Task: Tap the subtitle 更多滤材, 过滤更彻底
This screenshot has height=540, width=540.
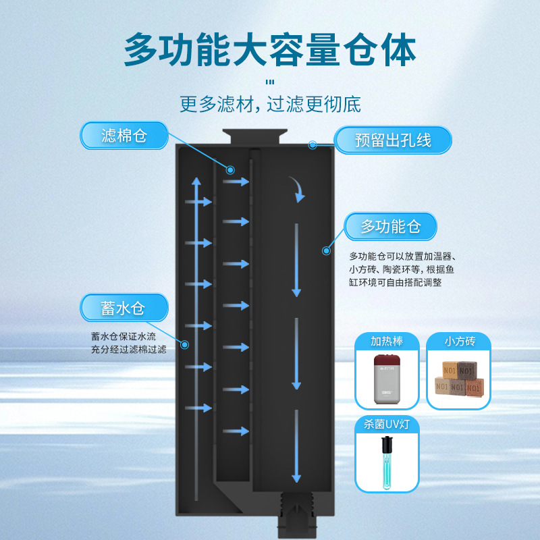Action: tap(270, 105)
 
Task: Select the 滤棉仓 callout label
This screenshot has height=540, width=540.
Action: tap(124, 136)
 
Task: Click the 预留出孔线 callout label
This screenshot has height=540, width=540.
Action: tap(394, 141)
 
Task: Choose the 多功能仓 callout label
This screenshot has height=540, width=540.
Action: tap(391, 227)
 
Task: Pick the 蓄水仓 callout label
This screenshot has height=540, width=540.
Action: tap(124, 308)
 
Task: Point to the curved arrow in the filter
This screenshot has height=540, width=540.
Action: tap(296, 189)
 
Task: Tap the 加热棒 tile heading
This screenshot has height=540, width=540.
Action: tap(387, 342)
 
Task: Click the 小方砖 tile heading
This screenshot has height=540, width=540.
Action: tap(460, 342)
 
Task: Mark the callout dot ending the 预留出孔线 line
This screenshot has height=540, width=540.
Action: tap(313, 144)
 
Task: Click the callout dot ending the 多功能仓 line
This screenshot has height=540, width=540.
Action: tap(327, 250)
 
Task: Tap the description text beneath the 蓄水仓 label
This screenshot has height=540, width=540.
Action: tap(129, 343)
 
